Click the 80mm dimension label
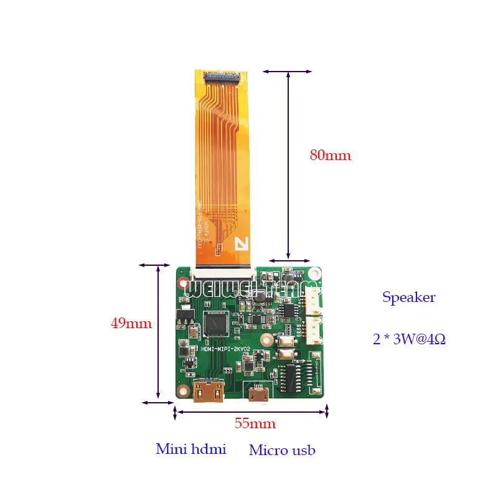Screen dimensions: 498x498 [x=331, y=155]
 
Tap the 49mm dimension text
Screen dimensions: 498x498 [x=131, y=324]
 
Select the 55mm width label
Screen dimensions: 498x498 [x=255, y=423]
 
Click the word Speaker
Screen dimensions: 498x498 [x=409, y=298]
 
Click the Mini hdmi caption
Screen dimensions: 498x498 [x=190, y=449]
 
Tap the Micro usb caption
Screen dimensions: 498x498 [x=282, y=450]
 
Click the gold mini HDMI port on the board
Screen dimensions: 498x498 [x=208, y=393]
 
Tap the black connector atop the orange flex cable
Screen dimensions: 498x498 [x=221, y=78]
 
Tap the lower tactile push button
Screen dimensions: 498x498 [x=288, y=355]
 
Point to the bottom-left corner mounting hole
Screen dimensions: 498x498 [x=183, y=392]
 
